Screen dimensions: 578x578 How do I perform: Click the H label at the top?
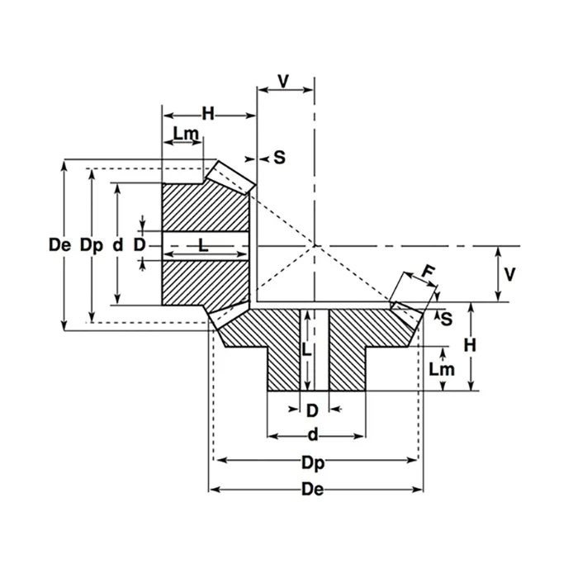pyautogui.click(x=208, y=115)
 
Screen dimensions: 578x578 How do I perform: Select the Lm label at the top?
pyautogui.click(x=184, y=133)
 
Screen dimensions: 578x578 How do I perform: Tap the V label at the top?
pyautogui.click(x=284, y=81)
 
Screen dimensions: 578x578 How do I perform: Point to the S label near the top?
pyautogui.click(x=279, y=157)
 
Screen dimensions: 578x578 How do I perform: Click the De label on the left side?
pyautogui.click(x=59, y=245)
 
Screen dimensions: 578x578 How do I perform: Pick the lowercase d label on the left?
pyautogui.click(x=117, y=245)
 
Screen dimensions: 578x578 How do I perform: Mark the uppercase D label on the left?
pyautogui.click(x=140, y=245)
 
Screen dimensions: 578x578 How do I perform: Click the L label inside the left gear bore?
pyautogui.click(x=202, y=244)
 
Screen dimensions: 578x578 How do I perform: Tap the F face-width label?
pyautogui.click(x=427, y=272)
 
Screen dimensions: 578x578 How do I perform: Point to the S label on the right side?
pyautogui.click(x=446, y=318)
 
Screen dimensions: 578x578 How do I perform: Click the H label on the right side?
pyautogui.click(x=469, y=348)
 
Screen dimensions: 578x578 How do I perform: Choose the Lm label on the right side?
pyautogui.click(x=442, y=369)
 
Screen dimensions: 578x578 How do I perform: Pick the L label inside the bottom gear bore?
pyautogui.click(x=306, y=349)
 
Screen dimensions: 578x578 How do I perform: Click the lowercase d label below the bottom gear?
pyautogui.click(x=313, y=435)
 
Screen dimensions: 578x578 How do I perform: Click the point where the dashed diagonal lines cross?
pyautogui.click(x=315, y=245)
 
